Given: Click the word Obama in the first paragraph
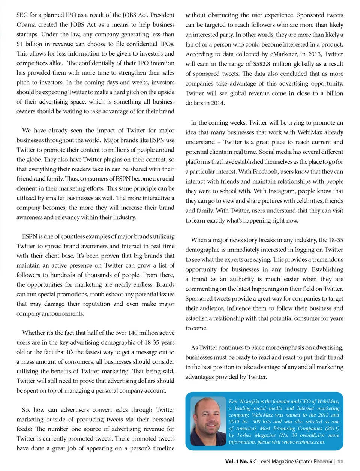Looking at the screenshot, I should (x=25, y=25).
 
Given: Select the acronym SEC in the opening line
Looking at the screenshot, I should (x=22, y=15).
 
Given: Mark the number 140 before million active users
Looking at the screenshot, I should (x=133, y=333).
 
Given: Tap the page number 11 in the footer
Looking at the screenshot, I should (x=340, y=462).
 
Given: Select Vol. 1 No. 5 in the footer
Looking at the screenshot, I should (x=238, y=462).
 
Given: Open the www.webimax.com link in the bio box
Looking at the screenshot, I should (x=303, y=442).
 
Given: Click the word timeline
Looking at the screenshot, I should (x=162, y=448).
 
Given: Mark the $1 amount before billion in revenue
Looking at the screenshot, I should (x=19, y=44).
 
